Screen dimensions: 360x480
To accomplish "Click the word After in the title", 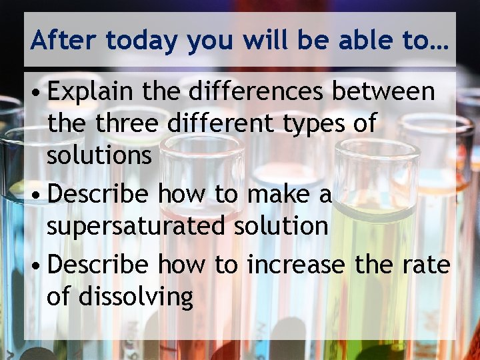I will click(64, 41).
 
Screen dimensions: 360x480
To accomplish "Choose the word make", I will click(277, 194).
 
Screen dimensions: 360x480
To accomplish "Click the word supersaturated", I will click(137, 227).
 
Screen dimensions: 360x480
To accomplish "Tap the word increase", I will click(296, 265).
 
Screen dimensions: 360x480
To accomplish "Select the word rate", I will click(426, 265).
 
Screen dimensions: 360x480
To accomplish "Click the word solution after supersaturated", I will click(281, 226).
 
